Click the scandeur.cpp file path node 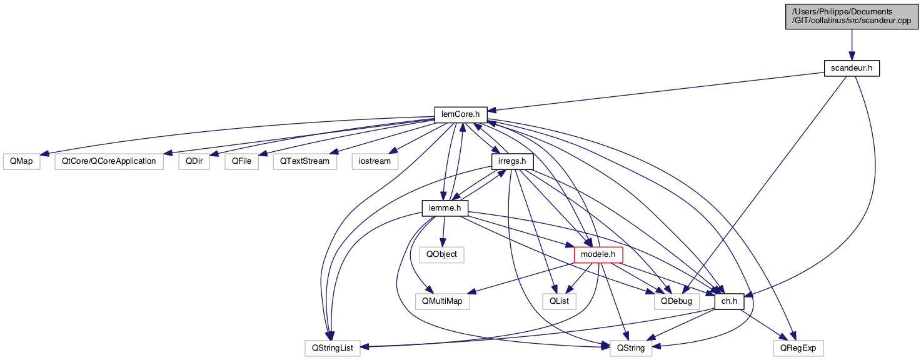(851, 16)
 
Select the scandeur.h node (851, 67)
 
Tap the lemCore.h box (461, 114)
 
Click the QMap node (21, 161)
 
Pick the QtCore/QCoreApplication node (109, 161)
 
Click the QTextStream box (304, 161)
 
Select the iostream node (375, 161)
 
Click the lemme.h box (445, 207)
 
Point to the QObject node (442, 254)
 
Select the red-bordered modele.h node (598, 254)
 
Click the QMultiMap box (442, 301)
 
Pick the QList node (558, 301)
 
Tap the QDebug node (677, 301)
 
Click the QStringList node (333, 347)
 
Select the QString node (631, 347)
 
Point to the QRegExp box (798, 347)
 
